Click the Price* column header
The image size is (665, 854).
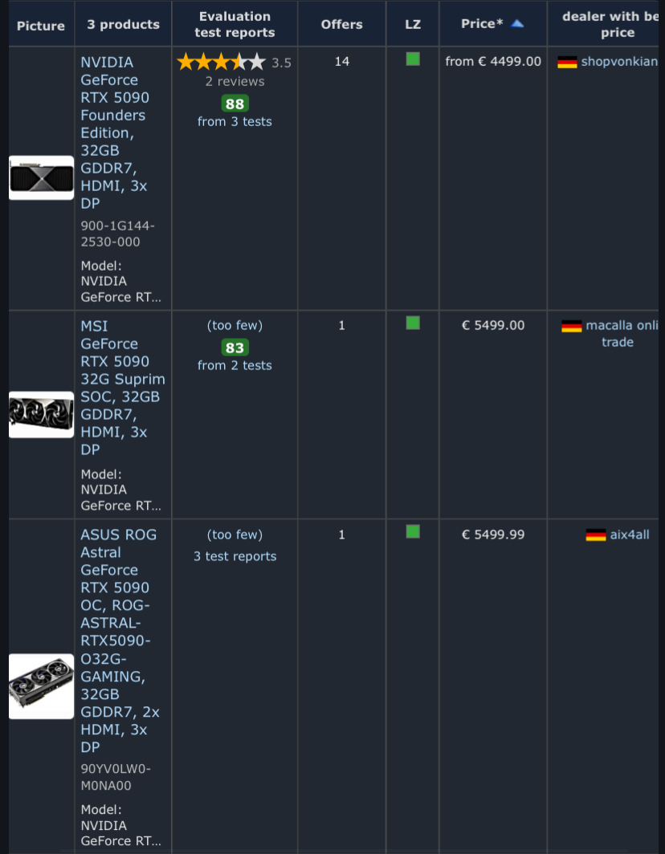click(482, 24)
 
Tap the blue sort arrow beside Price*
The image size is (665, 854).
click(516, 23)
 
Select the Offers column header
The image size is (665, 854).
click(342, 24)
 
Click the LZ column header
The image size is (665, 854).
click(413, 24)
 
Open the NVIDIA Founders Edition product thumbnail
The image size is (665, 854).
click(42, 177)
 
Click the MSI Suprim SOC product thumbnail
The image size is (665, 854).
click(42, 414)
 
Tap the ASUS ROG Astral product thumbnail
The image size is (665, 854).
click(42, 686)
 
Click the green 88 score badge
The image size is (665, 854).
click(235, 104)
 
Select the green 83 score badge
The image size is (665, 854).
click(235, 348)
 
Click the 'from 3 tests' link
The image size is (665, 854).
click(235, 121)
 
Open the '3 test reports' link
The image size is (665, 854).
click(235, 556)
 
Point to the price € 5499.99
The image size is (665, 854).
click(493, 535)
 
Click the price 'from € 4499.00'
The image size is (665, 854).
click(493, 62)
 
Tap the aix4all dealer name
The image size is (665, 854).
click(630, 535)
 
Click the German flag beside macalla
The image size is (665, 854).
click(571, 326)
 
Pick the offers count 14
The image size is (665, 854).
click(342, 62)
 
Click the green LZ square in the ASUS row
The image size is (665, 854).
click(413, 531)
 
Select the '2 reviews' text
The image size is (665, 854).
click(235, 82)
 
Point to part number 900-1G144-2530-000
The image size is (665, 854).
click(118, 234)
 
